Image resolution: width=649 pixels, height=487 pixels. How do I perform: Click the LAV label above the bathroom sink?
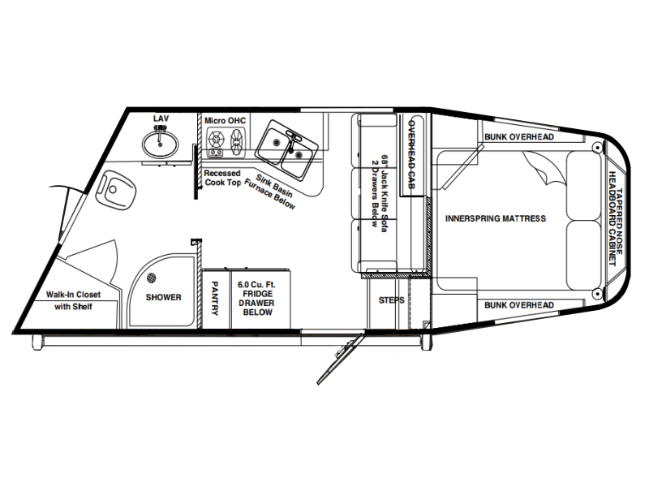(161, 119)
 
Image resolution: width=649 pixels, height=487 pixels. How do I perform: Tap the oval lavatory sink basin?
(161, 144)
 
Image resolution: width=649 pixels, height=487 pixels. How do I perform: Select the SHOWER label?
(164, 297)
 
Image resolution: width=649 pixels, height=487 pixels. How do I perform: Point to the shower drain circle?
(152, 278)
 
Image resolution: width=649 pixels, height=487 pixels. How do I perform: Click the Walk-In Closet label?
(73, 295)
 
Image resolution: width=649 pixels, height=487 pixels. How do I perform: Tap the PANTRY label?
(215, 299)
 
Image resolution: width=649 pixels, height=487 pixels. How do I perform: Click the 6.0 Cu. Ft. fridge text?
(256, 285)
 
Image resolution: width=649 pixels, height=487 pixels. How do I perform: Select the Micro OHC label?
(226, 120)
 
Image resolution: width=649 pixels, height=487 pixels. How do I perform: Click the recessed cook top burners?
(226, 143)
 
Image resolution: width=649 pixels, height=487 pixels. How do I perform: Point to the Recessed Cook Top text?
(222, 178)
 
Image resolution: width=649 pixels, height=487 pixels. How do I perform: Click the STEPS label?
(391, 300)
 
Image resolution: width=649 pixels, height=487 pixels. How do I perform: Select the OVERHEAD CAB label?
(411, 154)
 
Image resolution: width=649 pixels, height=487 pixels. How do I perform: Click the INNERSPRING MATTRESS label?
(496, 218)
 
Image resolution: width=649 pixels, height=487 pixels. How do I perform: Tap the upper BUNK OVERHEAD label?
(519, 136)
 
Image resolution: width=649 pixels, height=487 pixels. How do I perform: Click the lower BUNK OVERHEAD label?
(519, 305)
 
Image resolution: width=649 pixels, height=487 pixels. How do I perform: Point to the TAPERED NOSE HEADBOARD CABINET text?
(616, 218)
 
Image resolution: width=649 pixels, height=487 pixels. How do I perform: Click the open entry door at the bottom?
(341, 359)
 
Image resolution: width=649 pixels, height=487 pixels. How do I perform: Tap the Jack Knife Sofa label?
(380, 194)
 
